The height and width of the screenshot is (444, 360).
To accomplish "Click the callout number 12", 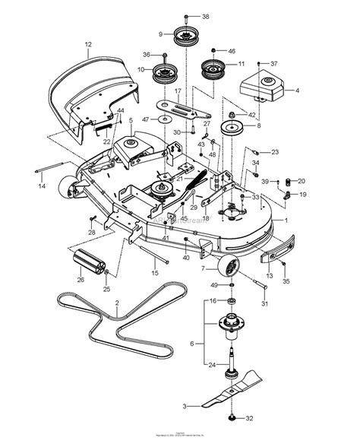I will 88,45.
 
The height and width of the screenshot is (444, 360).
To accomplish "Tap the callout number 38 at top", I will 204,16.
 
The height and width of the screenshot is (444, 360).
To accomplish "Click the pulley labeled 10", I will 165,74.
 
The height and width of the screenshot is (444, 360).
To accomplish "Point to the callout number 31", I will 265,305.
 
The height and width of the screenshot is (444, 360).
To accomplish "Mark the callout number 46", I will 232,49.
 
